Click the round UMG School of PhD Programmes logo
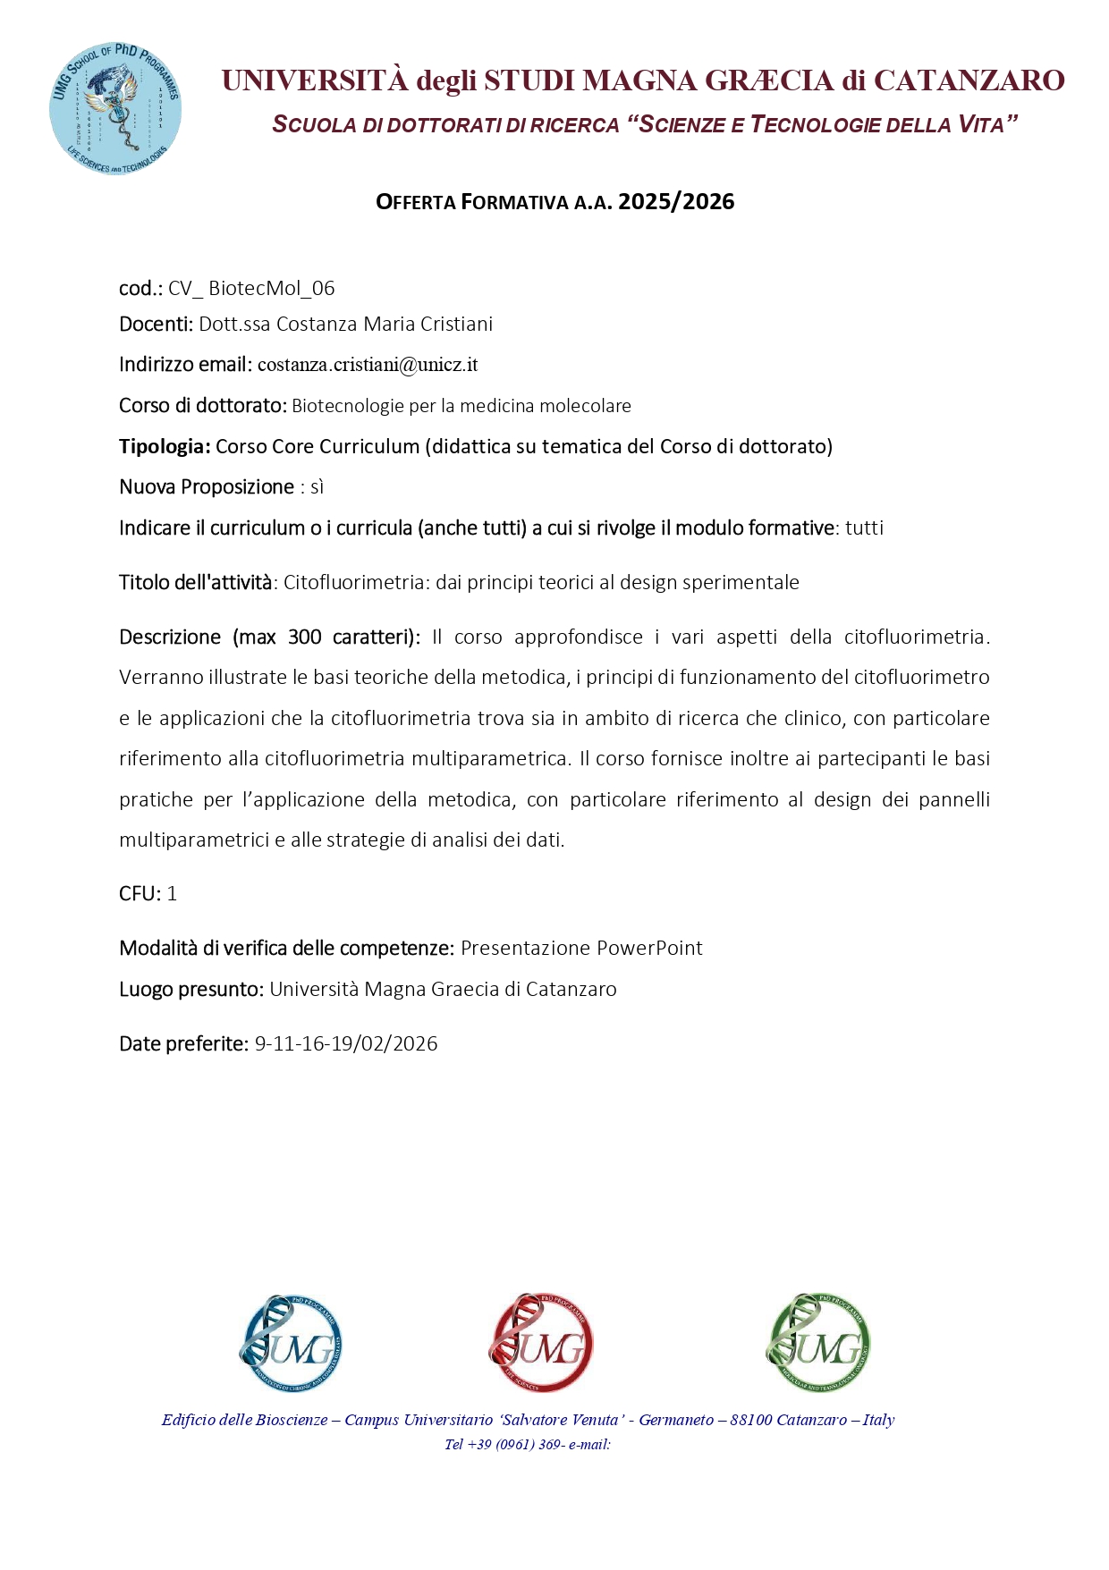(115, 108)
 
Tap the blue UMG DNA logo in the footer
(291, 1342)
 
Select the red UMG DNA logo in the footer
(541, 1342)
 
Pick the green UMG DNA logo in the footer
(818, 1342)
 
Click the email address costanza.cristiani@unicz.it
(368, 365)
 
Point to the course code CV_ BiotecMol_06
(251, 288)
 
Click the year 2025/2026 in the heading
(676, 202)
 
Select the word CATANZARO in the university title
(969, 80)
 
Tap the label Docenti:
(156, 324)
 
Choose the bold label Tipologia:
(165, 446)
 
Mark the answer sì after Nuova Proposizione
(317, 487)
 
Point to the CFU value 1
(172, 894)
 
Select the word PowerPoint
(649, 948)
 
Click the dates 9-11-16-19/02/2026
(346, 1043)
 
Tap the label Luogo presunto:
(190, 989)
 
